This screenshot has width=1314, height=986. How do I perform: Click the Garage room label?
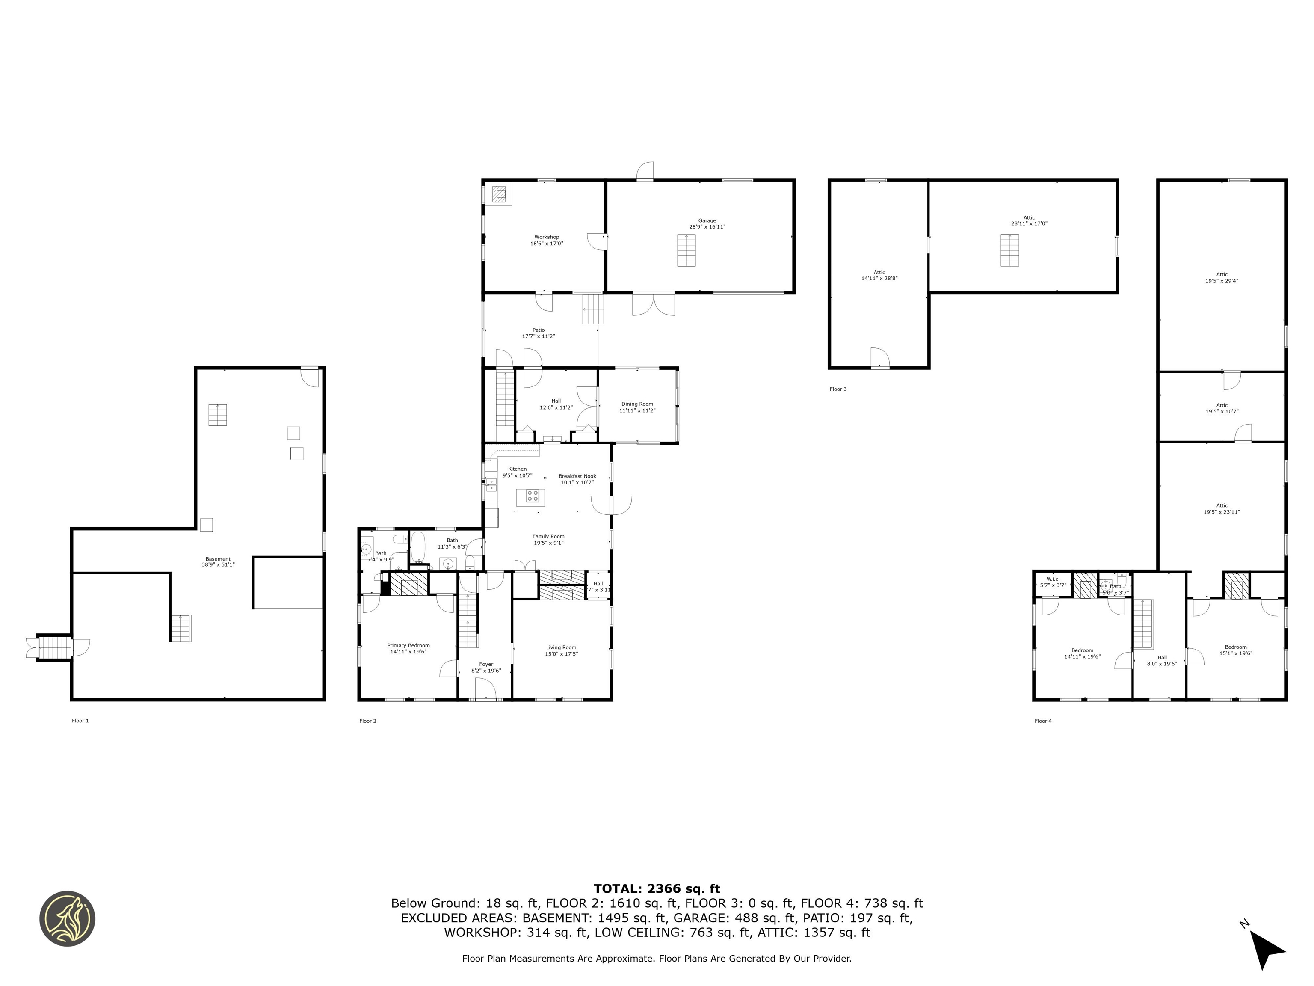coord(707,223)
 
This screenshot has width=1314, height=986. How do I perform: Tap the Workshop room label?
coord(547,240)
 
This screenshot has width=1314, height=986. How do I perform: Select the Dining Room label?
coord(637,407)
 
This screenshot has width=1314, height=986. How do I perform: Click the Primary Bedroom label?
coord(408,648)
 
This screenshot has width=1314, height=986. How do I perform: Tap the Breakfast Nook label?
coord(577,479)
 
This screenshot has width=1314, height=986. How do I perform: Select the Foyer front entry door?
coord(485,690)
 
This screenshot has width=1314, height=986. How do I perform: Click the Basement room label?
coord(218,561)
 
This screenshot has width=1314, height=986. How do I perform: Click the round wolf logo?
coord(67,918)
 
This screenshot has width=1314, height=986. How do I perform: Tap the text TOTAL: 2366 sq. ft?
coord(657,888)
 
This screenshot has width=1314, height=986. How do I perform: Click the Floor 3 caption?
coord(838,389)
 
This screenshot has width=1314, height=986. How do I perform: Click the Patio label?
coord(538,333)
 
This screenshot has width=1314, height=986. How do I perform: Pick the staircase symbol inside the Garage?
coord(686,250)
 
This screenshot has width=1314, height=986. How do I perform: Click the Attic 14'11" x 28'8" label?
coord(879,275)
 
